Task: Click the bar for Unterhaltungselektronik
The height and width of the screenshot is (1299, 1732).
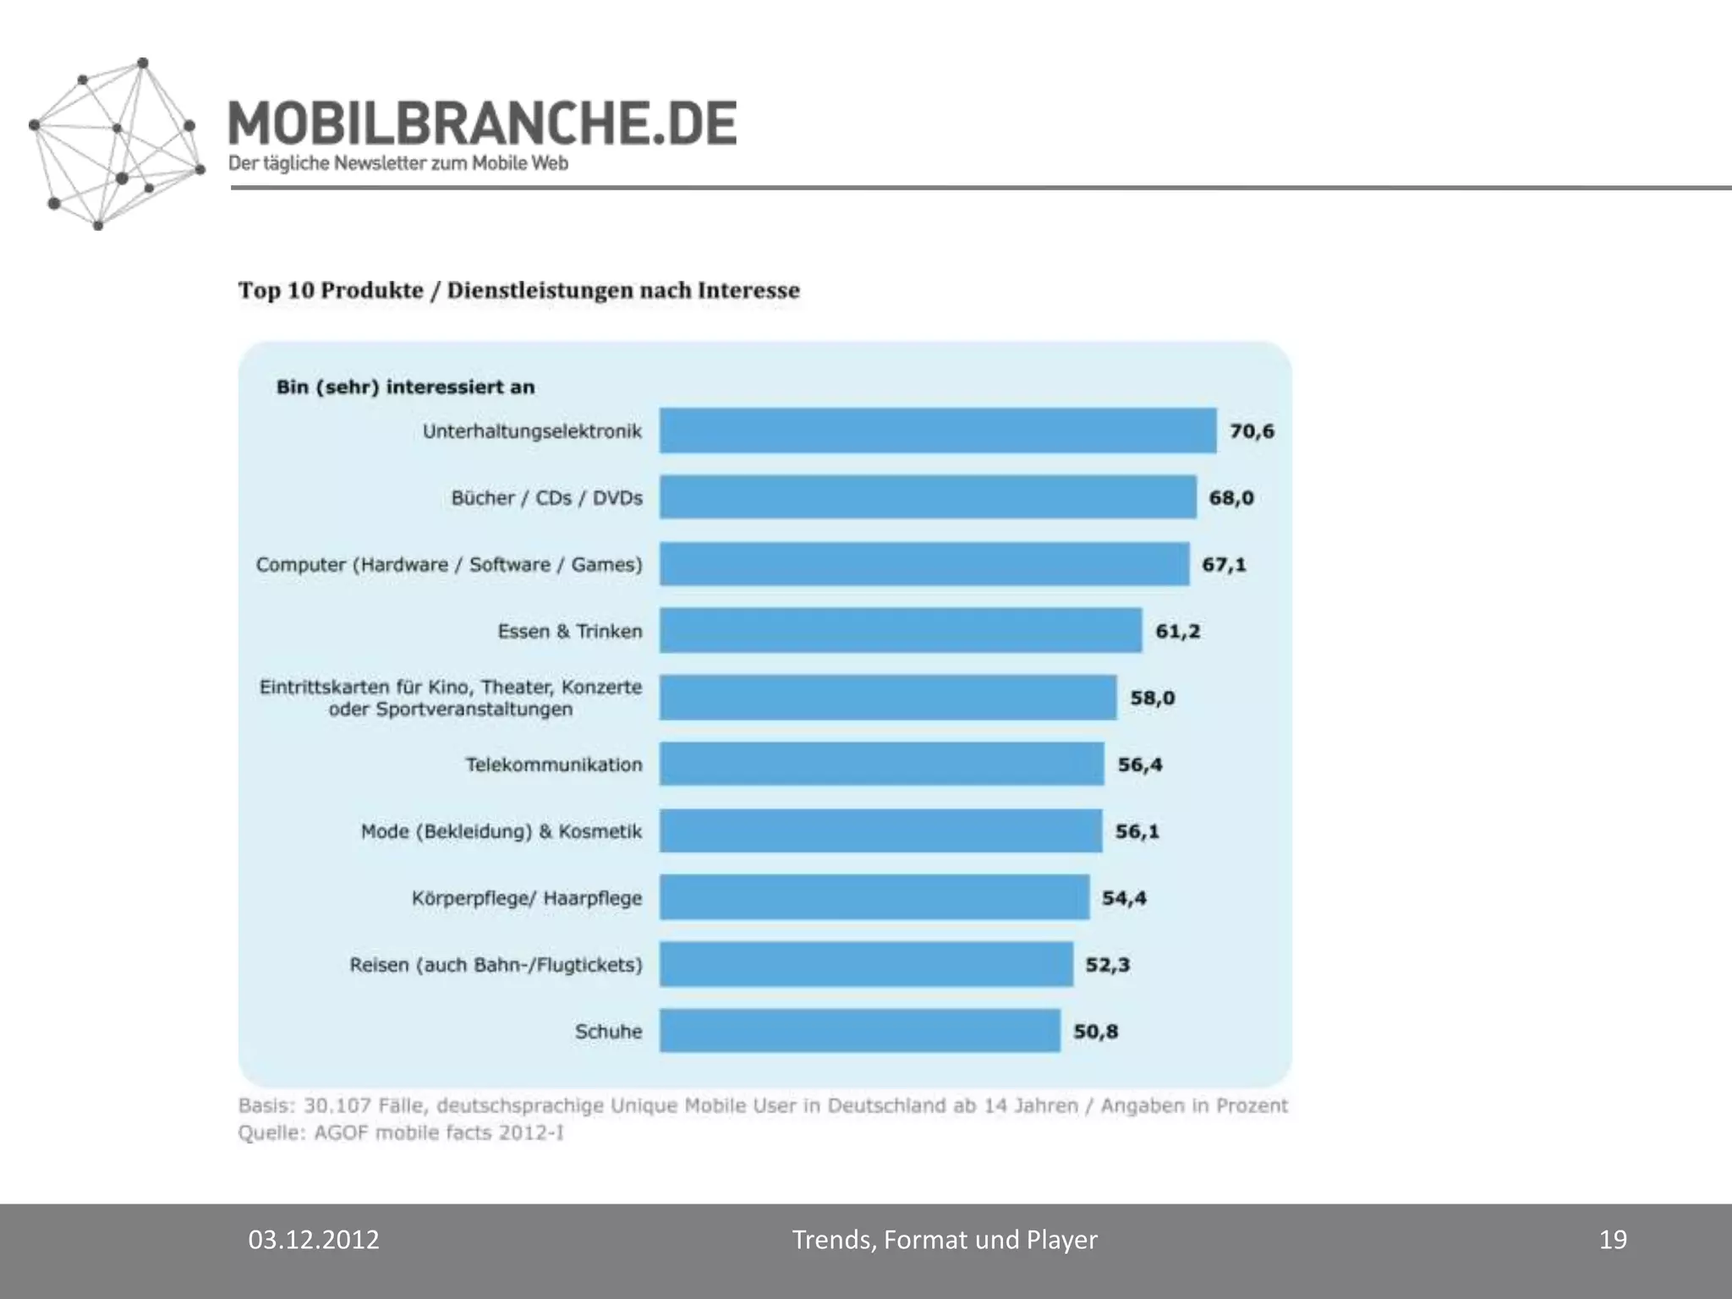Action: [x=937, y=430]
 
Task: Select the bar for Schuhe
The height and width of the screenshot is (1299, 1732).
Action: [x=859, y=1030]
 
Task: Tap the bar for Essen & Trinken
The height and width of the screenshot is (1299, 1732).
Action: [x=900, y=630]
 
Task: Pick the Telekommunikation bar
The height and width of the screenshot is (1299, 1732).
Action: [x=881, y=764]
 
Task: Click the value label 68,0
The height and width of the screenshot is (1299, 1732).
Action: [x=1230, y=497]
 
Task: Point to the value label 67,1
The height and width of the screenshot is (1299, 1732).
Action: [x=1224, y=564]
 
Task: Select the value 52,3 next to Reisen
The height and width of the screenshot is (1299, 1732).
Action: [x=1107, y=964]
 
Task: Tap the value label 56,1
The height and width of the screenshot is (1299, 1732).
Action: [x=1137, y=831]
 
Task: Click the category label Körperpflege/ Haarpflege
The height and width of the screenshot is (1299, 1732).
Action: [x=526, y=897]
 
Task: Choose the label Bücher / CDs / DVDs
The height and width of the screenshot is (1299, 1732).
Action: [x=546, y=497]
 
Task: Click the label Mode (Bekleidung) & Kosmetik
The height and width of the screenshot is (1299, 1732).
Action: [x=501, y=831]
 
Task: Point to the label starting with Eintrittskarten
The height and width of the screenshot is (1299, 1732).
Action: [x=450, y=698]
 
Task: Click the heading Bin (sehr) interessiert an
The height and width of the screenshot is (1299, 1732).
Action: [x=405, y=386]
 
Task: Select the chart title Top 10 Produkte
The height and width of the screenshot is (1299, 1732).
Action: [x=518, y=290]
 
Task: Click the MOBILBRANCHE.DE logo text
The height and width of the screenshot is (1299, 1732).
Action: [x=482, y=123]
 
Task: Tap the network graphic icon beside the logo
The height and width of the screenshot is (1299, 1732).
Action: [x=115, y=144]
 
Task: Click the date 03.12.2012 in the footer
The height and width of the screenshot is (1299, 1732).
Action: [x=313, y=1240]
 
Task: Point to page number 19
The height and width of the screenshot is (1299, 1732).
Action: [x=1613, y=1240]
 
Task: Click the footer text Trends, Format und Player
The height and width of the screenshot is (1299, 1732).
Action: [x=944, y=1240]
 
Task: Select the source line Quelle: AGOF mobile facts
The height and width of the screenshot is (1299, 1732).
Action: [x=401, y=1132]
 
